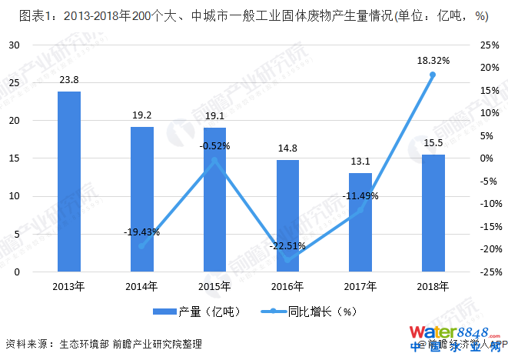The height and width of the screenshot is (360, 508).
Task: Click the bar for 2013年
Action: pos(68,181)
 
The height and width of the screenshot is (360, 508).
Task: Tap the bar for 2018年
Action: pos(433,212)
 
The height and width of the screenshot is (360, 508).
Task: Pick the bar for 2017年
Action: pos(360,222)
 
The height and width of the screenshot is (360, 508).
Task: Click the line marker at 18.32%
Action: pos(433,75)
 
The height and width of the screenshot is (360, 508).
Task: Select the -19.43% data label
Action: pos(141,232)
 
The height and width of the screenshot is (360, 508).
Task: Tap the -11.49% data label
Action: pos(360,195)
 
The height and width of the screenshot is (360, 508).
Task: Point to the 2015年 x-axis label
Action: pos(214,286)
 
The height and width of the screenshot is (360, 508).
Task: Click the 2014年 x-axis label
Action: pos(141,286)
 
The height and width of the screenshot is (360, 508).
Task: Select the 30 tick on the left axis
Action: pos(14,45)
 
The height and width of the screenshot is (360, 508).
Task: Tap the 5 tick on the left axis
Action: pos(16,234)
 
